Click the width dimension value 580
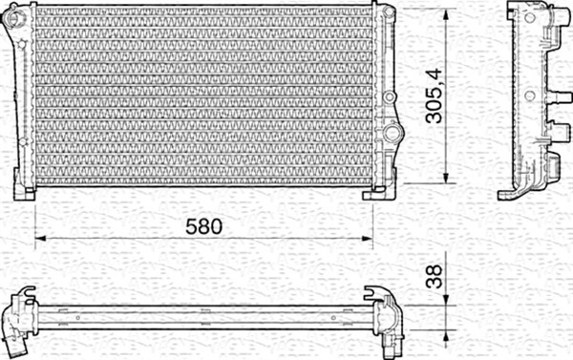(203, 226)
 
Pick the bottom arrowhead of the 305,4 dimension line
(446, 181)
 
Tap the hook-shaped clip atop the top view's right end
(374, 291)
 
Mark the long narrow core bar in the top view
(201, 311)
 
